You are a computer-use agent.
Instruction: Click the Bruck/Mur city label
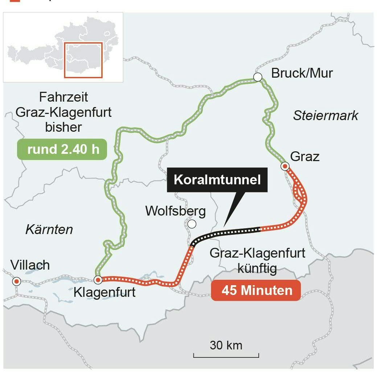pos(302,73)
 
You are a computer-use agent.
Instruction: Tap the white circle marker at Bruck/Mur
pos(258,77)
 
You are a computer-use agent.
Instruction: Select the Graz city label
pos(305,157)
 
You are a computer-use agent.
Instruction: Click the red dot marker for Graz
pos(285,167)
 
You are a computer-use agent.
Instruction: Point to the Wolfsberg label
pos(175,211)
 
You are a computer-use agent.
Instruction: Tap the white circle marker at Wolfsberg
pos(192,224)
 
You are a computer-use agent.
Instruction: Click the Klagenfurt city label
pos(105,292)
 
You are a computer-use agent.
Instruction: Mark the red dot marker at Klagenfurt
pos(98,280)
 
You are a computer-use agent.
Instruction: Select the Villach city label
pos(30,265)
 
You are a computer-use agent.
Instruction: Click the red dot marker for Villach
pos(16,281)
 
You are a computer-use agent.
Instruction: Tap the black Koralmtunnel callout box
pos(217,180)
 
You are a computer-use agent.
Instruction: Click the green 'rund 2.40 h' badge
pos(63,149)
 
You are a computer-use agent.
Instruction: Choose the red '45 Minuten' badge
pos(256,291)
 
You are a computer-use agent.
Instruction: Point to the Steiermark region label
pos(325,116)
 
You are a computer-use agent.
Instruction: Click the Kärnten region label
pos(49,229)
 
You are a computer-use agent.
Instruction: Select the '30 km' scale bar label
pos(226,345)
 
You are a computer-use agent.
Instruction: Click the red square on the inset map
pos(83,60)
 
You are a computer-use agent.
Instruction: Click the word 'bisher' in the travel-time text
pos(63,128)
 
